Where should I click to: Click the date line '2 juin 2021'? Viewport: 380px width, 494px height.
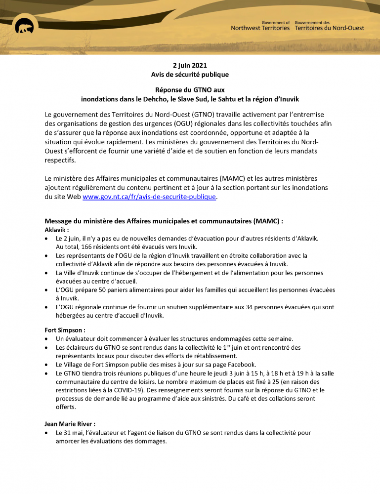(190, 66)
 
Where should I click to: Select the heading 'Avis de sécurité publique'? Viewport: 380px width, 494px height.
(190, 75)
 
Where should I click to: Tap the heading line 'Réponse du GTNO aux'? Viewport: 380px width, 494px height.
(190, 90)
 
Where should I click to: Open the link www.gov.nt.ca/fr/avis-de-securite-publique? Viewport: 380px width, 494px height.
(149, 197)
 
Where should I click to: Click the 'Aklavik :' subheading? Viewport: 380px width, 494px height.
(57, 230)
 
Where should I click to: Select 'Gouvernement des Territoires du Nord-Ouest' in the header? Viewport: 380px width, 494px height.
(329, 25)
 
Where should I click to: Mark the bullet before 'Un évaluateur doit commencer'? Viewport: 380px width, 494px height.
(46, 339)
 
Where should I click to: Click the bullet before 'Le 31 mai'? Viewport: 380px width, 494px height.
(46, 433)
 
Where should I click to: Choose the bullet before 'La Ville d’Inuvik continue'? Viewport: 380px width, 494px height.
(46, 273)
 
